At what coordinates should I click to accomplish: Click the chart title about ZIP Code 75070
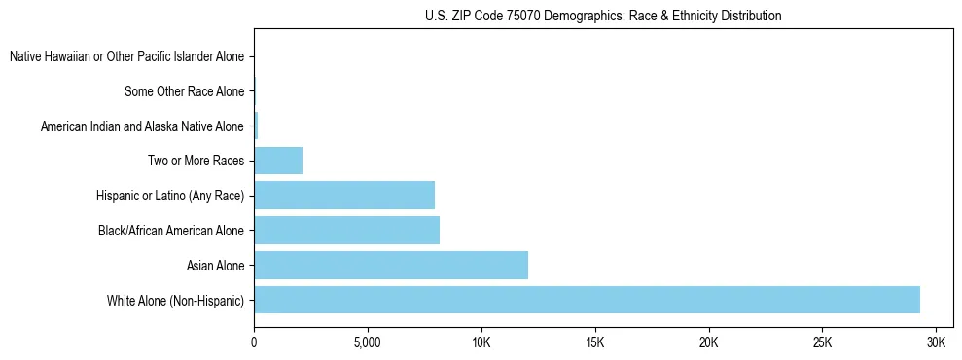[603, 16]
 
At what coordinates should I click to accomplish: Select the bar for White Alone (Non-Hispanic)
[587, 300]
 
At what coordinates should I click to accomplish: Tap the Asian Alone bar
[391, 265]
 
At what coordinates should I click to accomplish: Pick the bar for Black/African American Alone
[346, 230]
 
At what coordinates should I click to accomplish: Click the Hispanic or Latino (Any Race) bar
[344, 196]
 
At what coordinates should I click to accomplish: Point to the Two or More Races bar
[278, 161]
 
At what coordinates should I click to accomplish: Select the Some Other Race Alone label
[184, 92]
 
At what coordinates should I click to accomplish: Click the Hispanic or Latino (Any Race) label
[170, 196]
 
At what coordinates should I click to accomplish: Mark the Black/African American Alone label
[171, 231]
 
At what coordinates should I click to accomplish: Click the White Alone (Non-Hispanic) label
[175, 300]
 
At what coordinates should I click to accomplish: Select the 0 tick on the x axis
[254, 343]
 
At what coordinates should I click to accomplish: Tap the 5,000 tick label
[368, 343]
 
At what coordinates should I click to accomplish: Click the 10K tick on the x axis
[481, 343]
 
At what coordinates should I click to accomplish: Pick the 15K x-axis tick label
[595, 343]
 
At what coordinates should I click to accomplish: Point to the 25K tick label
[823, 343]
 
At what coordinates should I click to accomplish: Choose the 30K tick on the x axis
[937, 343]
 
